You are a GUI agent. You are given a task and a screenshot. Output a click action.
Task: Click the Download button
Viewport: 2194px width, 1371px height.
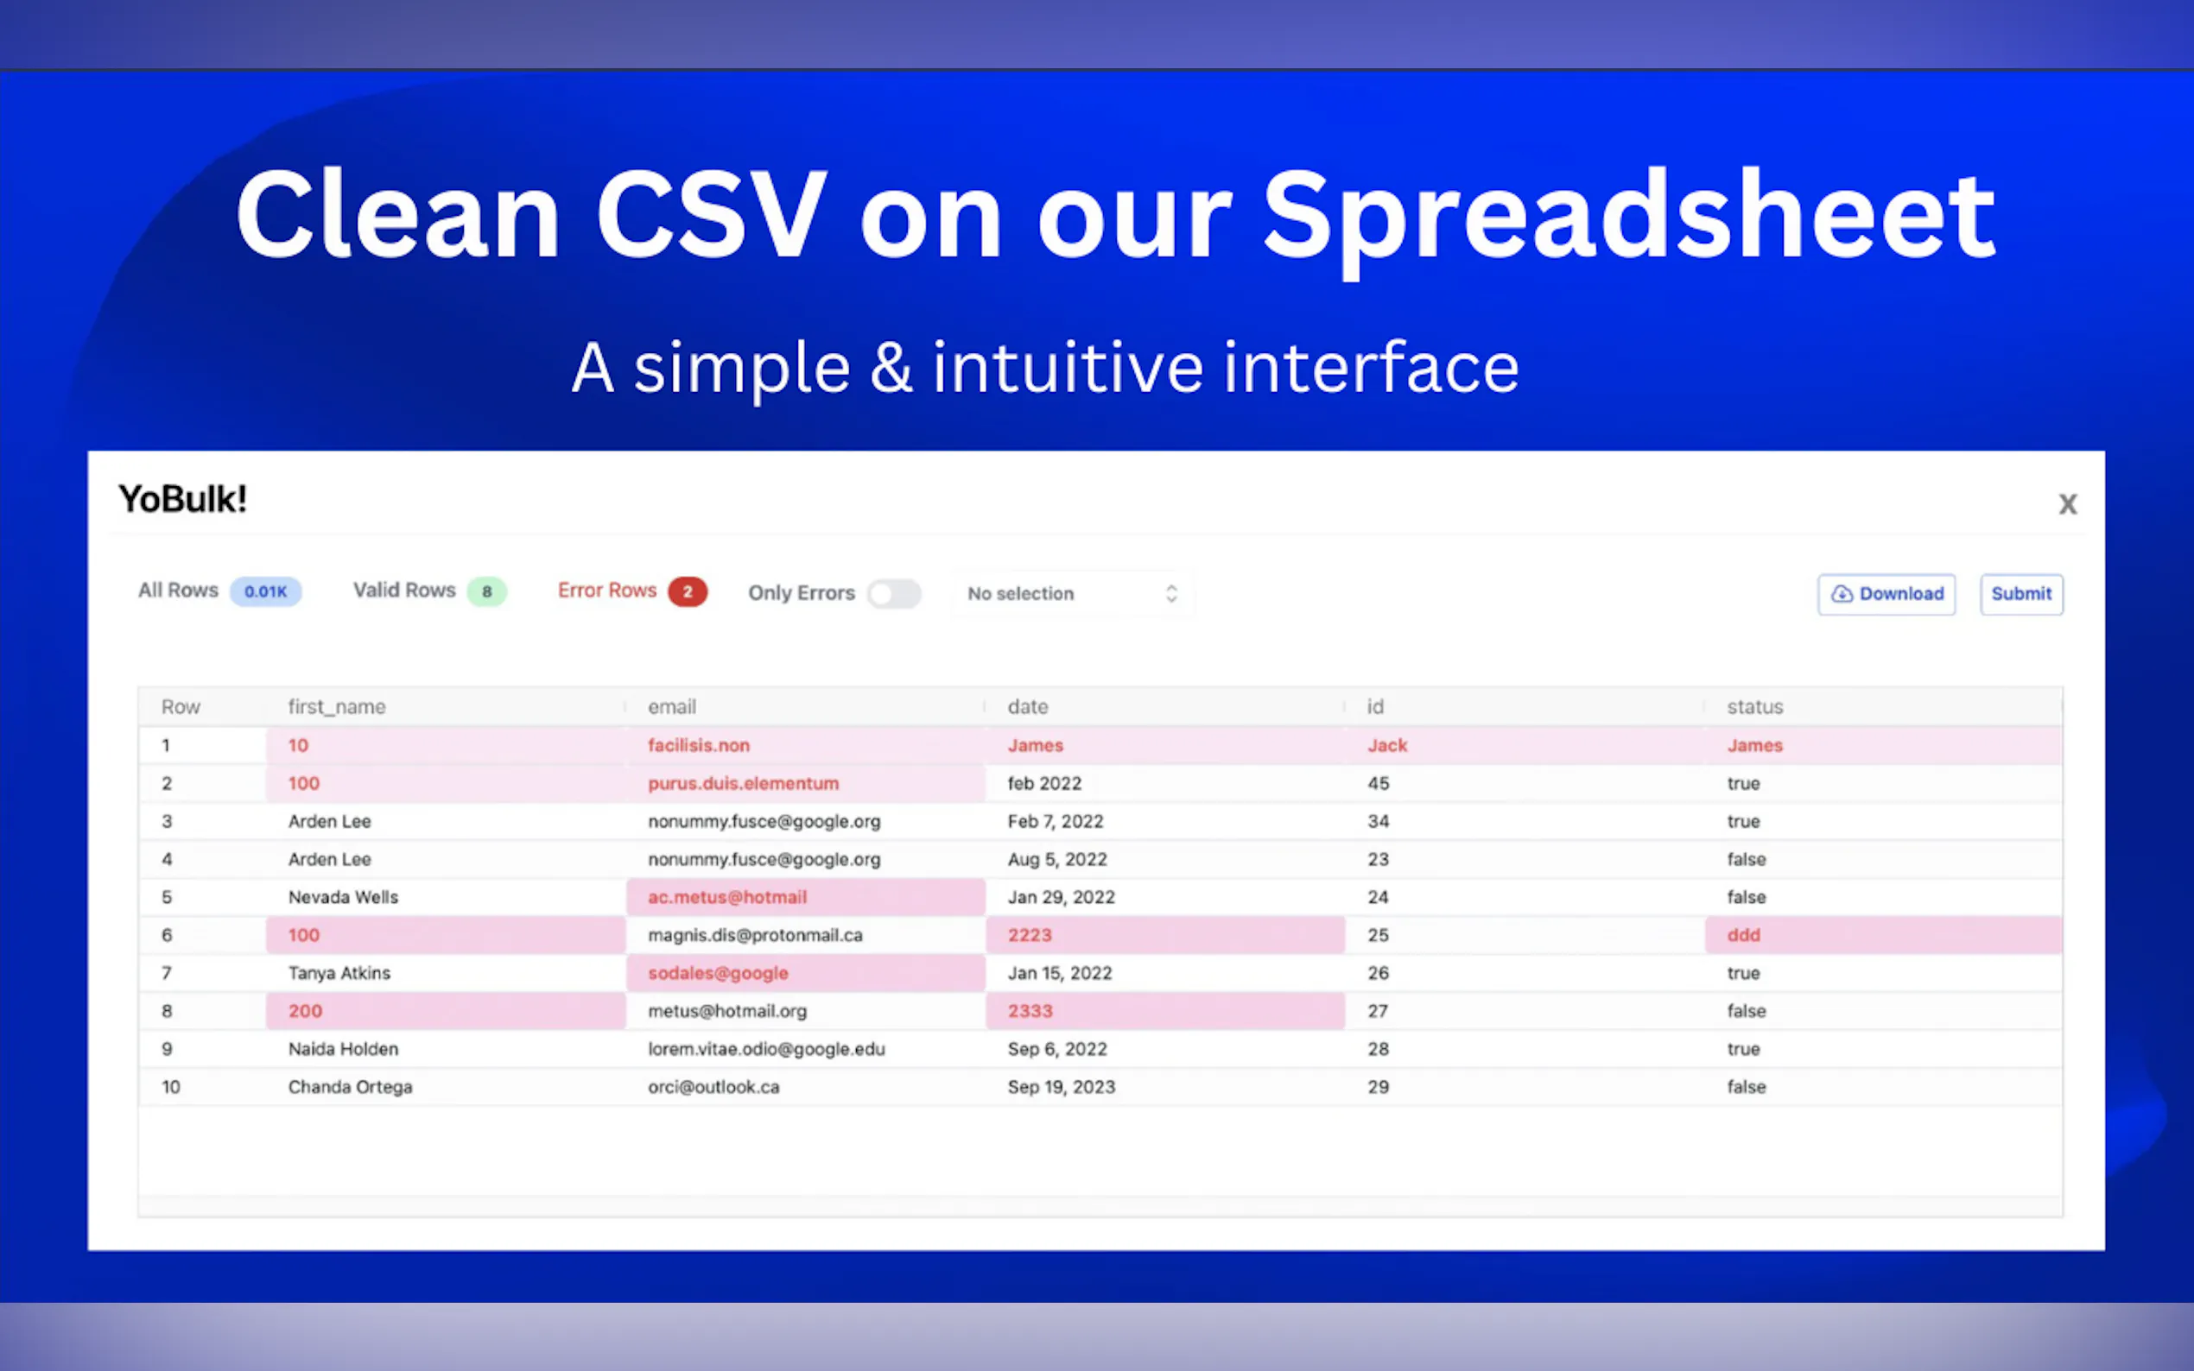1886,594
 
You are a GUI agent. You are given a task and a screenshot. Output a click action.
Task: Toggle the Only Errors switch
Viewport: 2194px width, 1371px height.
893,594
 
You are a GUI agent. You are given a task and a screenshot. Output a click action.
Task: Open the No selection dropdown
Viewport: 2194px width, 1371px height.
1072,594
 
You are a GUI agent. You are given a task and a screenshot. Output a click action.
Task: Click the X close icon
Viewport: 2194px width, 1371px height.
2067,504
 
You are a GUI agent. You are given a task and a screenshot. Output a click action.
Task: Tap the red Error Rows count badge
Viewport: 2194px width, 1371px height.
688,592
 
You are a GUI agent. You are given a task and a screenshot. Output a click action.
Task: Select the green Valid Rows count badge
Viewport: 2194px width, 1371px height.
487,592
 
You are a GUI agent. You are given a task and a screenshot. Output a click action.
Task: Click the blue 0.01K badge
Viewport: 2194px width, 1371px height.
266,592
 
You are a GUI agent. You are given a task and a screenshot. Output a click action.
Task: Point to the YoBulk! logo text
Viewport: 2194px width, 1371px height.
182,500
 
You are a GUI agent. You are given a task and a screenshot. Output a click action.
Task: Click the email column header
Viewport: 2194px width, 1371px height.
672,707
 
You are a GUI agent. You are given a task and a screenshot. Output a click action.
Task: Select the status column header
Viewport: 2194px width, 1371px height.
1755,707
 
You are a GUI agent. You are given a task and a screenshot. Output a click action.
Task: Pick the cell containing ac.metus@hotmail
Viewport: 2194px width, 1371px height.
805,897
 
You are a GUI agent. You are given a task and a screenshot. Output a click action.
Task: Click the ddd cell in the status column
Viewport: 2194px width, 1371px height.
1883,935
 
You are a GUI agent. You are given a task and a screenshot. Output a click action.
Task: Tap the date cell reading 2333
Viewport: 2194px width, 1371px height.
1164,1011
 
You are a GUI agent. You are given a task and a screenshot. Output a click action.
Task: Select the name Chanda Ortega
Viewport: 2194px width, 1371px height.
350,1087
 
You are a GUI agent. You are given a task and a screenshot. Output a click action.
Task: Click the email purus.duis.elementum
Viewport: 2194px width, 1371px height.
744,783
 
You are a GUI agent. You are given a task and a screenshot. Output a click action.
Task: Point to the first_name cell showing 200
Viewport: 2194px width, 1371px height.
446,1011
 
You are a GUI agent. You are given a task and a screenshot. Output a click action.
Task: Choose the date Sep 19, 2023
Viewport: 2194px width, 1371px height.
1062,1087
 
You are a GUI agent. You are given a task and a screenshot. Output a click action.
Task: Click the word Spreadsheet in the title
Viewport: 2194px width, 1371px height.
1628,218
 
